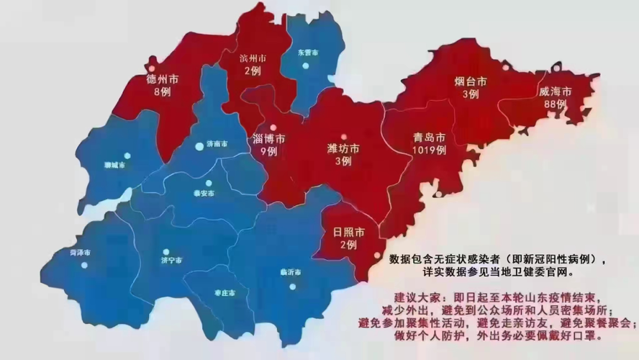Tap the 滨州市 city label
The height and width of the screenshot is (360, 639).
coord(253,58)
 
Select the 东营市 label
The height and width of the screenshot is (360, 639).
coord(307,53)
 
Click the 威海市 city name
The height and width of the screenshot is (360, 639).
coord(555,91)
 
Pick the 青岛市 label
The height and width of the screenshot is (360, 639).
coord(430,138)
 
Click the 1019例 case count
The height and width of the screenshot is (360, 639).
coord(430,150)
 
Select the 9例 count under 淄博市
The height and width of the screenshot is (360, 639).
coord(268,151)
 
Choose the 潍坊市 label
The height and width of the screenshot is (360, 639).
coord(343,149)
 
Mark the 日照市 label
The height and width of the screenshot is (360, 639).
coord(348,232)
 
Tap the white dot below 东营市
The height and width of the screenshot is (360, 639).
coord(306,66)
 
